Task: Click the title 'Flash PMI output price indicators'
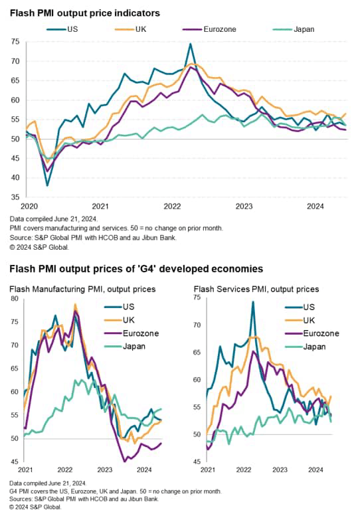click(x=84, y=13)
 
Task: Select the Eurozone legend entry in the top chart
click(x=219, y=29)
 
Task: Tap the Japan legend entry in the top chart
click(x=304, y=29)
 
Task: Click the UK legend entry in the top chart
click(x=140, y=29)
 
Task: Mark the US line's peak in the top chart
click(x=191, y=44)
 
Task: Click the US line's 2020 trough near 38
click(x=47, y=185)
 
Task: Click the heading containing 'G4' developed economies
click(x=135, y=269)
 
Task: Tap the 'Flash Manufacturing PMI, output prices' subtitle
click(x=82, y=289)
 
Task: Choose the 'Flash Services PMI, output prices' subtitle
click(x=256, y=289)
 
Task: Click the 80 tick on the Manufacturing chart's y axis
click(x=15, y=299)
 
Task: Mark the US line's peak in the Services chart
click(x=252, y=302)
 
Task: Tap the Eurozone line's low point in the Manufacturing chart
click(x=124, y=460)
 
